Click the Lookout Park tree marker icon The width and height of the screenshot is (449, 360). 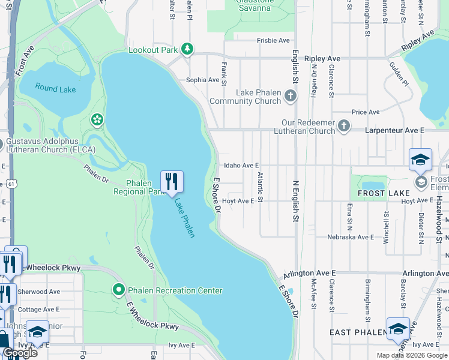click(187, 49)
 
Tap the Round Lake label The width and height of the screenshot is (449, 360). click(55, 89)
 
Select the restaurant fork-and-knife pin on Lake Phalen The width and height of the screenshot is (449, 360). click(172, 181)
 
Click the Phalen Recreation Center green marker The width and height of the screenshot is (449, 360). click(119, 290)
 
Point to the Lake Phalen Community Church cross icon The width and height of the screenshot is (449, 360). click(291, 95)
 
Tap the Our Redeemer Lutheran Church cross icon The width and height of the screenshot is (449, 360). click(343, 126)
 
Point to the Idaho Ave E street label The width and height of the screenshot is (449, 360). click(241, 165)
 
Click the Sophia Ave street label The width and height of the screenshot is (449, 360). click(202, 80)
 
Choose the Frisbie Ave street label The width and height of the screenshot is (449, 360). click(273, 40)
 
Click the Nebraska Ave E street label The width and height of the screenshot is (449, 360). click(351, 237)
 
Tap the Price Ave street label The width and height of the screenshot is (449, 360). click(366, 112)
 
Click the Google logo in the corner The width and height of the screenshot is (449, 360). click(20, 353)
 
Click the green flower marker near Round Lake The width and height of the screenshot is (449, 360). click(97, 120)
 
